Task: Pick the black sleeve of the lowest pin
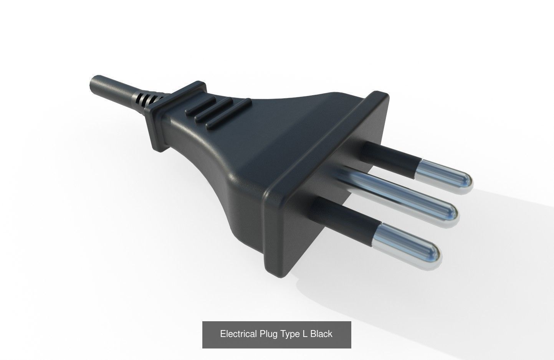point(342,218)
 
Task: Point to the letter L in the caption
point(305,334)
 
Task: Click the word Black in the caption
point(321,334)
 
